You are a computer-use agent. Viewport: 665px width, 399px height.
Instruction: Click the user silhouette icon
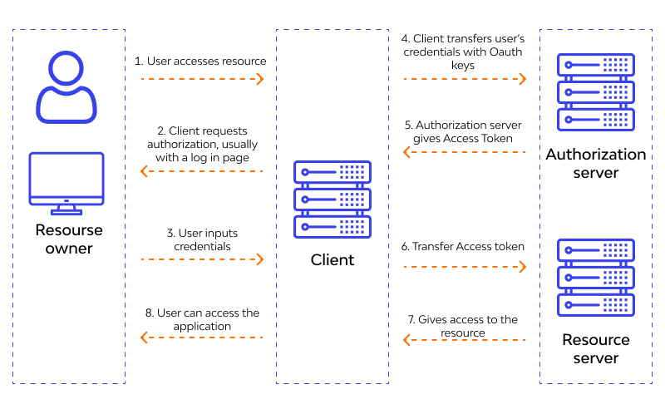click(x=66, y=86)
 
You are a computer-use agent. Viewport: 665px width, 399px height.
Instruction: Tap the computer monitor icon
click(x=66, y=181)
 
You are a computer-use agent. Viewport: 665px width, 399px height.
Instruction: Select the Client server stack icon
click(x=332, y=199)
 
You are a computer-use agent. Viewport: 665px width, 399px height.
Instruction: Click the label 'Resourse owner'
click(x=68, y=239)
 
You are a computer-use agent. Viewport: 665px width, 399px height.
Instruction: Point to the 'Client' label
click(x=332, y=260)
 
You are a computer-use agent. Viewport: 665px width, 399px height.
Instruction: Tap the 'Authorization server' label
click(x=596, y=164)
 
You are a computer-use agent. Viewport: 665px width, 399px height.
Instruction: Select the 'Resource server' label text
click(x=596, y=349)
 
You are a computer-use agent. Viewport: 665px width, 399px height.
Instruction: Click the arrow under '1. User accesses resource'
click(x=201, y=79)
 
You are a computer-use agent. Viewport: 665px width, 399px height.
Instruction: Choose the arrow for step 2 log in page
click(x=201, y=171)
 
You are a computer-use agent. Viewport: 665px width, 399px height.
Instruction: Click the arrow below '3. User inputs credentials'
click(x=201, y=260)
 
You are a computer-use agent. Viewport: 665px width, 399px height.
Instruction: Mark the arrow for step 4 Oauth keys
click(x=465, y=79)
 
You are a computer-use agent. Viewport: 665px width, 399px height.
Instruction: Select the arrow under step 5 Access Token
click(x=465, y=152)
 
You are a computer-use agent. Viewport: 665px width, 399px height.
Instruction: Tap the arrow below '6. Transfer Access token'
click(x=465, y=267)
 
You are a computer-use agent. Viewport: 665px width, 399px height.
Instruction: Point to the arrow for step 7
click(x=465, y=339)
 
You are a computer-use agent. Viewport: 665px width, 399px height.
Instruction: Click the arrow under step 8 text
click(x=201, y=337)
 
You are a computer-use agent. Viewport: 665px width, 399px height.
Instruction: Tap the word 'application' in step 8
click(x=202, y=326)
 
